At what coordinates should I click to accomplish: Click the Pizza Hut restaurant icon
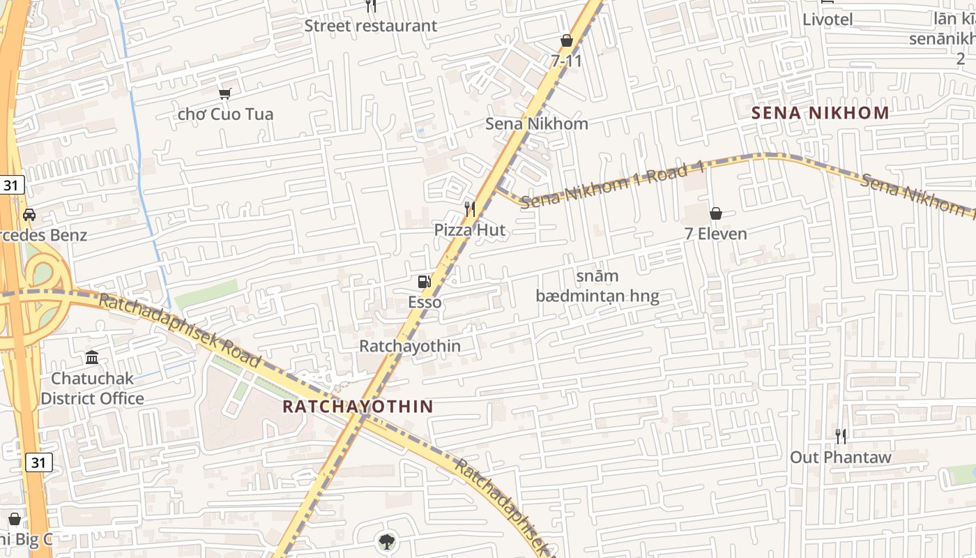(470, 209)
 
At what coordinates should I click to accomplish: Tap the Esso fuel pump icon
(423, 282)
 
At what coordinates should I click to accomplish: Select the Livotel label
(828, 20)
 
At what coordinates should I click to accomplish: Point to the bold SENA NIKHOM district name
(821, 113)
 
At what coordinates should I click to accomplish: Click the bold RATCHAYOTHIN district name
(358, 406)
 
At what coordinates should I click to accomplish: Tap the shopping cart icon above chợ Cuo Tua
(224, 93)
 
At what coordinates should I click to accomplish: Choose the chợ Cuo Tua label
(225, 114)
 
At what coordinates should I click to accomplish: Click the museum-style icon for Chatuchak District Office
(92, 358)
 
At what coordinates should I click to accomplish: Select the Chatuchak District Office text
(92, 389)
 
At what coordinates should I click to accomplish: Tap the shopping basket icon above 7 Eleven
(715, 213)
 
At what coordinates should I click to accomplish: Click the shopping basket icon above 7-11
(566, 41)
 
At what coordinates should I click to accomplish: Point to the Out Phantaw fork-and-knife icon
(841, 437)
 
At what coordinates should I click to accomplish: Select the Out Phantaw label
(841, 458)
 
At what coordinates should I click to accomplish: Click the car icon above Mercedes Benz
(29, 214)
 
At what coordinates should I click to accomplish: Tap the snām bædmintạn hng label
(597, 287)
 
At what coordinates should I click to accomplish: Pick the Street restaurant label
(371, 26)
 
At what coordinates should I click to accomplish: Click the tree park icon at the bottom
(386, 541)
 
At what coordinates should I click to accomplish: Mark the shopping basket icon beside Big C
(14, 519)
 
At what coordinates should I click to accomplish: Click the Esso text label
(425, 302)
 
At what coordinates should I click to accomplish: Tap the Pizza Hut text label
(470, 229)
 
